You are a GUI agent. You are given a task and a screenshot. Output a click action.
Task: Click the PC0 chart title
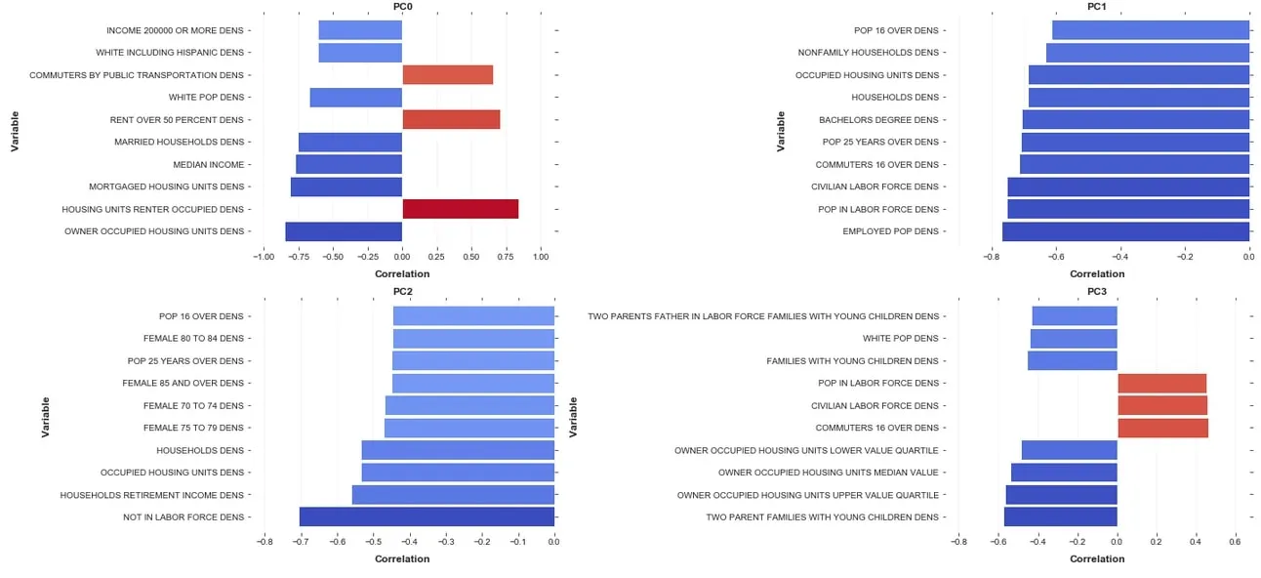[402, 6]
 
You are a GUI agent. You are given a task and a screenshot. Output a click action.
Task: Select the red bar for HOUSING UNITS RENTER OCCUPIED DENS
[460, 209]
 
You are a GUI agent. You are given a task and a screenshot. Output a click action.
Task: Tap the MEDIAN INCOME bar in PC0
[349, 164]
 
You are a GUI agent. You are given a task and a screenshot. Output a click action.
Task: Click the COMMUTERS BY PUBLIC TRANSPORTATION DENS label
[137, 75]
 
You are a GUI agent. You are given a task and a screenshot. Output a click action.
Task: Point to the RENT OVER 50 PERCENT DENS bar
[451, 120]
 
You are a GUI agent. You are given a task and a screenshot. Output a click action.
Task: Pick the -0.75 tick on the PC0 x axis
[298, 258]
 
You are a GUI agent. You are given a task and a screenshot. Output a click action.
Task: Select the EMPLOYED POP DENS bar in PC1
[1125, 231]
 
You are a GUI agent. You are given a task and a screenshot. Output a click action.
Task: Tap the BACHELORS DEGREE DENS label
[878, 120]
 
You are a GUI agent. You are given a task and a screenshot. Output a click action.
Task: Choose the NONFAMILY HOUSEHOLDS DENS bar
[1148, 53]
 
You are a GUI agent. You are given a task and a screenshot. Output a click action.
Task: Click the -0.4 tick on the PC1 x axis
[1119, 258]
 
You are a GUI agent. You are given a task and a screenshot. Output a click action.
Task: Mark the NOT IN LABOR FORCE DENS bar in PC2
[427, 517]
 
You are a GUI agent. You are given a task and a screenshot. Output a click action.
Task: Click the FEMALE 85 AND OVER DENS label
[183, 383]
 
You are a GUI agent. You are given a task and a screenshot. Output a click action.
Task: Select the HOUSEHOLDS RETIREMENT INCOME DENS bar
[453, 495]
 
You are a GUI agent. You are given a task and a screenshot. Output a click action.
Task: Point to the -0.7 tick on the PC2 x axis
[301, 544]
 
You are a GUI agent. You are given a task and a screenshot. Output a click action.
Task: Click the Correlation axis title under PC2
[402, 559]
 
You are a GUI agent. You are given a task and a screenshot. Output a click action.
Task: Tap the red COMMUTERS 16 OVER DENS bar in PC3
[1162, 428]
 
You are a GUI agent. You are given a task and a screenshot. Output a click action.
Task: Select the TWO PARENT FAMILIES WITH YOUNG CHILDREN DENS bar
[1060, 517]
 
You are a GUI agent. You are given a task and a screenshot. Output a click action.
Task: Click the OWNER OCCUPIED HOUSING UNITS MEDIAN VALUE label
[828, 473]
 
